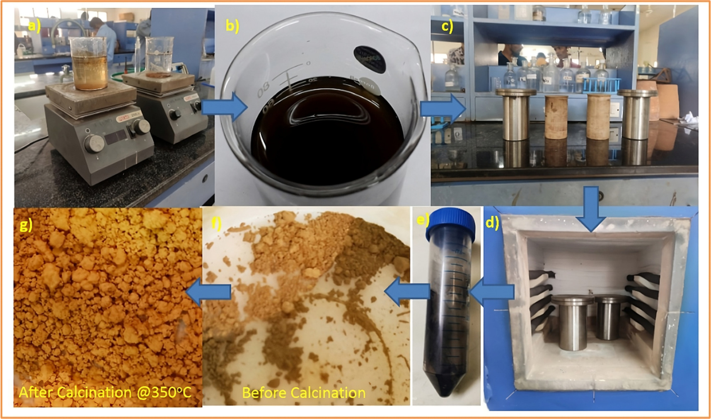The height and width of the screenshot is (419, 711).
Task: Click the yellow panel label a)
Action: coord(34,27)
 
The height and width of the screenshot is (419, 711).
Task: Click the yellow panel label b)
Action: coord(232,26)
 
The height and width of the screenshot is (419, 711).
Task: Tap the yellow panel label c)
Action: coord(447,26)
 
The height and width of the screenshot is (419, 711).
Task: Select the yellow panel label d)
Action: coord(492,223)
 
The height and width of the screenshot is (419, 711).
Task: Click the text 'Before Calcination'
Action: coord(303,392)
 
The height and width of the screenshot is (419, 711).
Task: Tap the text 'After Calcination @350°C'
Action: coord(105,392)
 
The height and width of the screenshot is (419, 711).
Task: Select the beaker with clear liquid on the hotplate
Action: coord(160,56)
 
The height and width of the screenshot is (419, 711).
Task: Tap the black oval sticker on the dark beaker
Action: coord(369,57)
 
